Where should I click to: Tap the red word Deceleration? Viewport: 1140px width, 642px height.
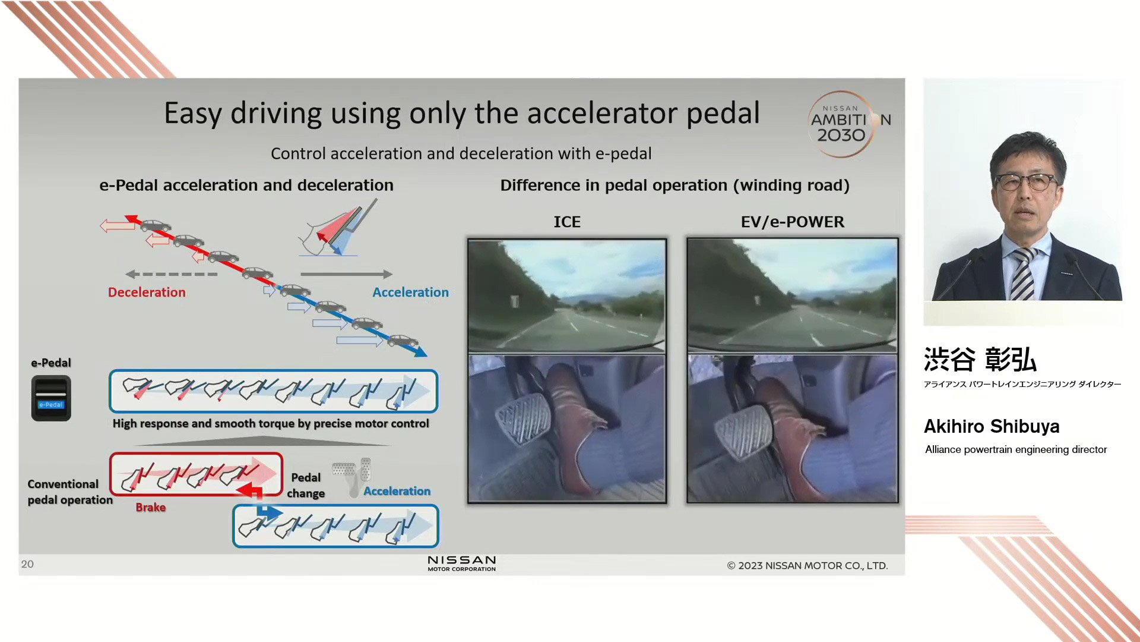[x=147, y=292]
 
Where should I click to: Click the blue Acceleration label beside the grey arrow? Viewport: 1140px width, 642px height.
[x=410, y=292]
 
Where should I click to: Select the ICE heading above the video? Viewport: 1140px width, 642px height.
[x=567, y=222]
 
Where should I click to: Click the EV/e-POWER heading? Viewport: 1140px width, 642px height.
[x=792, y=222]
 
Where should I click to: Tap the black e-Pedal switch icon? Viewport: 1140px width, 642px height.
[x=51, y=398]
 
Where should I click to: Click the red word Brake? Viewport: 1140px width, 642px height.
[x=151, y=507]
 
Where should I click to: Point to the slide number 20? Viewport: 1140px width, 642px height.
[x=27, y=564]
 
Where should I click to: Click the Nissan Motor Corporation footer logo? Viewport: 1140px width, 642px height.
[x=462, y=564]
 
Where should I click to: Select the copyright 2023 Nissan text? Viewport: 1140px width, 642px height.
[x=807, y=565]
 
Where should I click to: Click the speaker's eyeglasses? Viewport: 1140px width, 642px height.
[x=1028, y=181]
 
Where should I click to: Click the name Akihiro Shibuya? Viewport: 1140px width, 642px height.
[x=992, y=426]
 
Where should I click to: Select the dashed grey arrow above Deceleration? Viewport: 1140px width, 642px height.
[x=172, y=274]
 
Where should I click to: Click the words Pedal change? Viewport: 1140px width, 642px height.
[x=306, y=485]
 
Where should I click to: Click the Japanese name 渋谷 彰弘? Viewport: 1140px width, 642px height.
[x=980, y=360]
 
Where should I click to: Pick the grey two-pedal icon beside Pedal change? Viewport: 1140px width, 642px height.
[x=353, y=476]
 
